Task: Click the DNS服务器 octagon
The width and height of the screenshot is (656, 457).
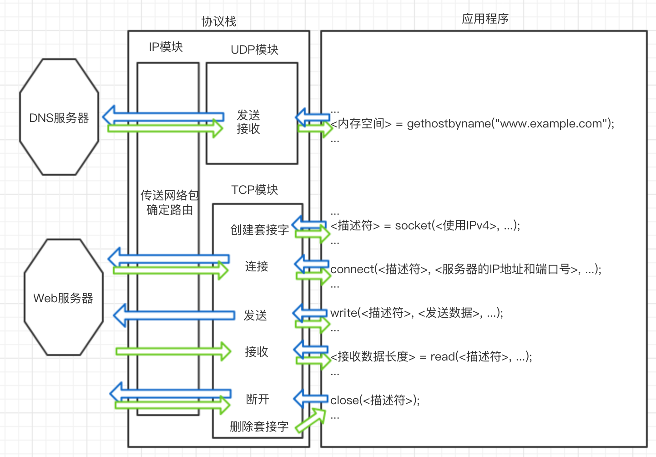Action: [x=59, y=117]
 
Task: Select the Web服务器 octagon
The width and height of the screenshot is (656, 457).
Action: [x=63, y=298]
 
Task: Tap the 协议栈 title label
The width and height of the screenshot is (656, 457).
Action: [x=219, y=21]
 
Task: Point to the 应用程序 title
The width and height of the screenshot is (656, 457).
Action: [x=485, y=19]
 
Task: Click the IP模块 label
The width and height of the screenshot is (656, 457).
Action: [x=166, y=47]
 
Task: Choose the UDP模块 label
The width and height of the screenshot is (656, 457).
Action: [x=255, y=50]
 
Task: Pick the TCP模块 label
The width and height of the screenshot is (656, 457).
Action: [x=255, y=190]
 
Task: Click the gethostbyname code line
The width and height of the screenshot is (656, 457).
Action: [x=472, y=123]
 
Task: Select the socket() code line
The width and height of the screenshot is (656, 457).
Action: [x=425, y=225]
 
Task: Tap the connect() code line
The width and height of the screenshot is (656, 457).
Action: [x=466, y=269]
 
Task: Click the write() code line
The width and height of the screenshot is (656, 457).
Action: [x=417, y=313]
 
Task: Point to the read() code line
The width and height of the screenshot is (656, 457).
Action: [x=431, y=356]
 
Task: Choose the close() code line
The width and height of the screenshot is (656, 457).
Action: [x=375, y=400]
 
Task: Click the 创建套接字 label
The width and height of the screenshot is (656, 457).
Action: [x=259, y=230]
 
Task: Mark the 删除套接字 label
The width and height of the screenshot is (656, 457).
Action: [x=259, y=427]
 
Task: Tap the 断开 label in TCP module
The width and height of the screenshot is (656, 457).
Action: [x=257, y=399]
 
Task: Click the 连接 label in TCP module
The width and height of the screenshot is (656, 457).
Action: [x=257, y=266]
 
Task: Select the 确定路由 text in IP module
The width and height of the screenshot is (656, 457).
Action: [x=170, y=210]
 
